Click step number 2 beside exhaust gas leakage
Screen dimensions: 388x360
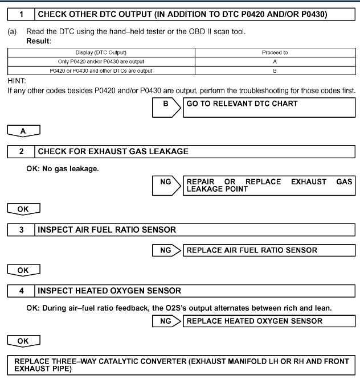point(19,151)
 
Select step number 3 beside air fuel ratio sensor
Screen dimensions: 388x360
point(19,230)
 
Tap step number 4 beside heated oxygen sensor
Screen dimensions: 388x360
point(19,291)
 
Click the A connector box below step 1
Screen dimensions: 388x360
point(23,130)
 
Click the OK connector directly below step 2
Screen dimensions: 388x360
point(23,209)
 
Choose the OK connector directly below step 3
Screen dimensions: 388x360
point(23,270)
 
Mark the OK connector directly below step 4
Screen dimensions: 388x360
point(23,342)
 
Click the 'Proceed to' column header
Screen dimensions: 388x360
point(275,52)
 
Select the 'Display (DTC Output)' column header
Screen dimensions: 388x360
point(100,52)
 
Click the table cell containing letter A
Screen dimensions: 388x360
point(275,61)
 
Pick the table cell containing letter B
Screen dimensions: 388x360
point(275,70)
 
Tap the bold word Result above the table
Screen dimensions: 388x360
point(32,42)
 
